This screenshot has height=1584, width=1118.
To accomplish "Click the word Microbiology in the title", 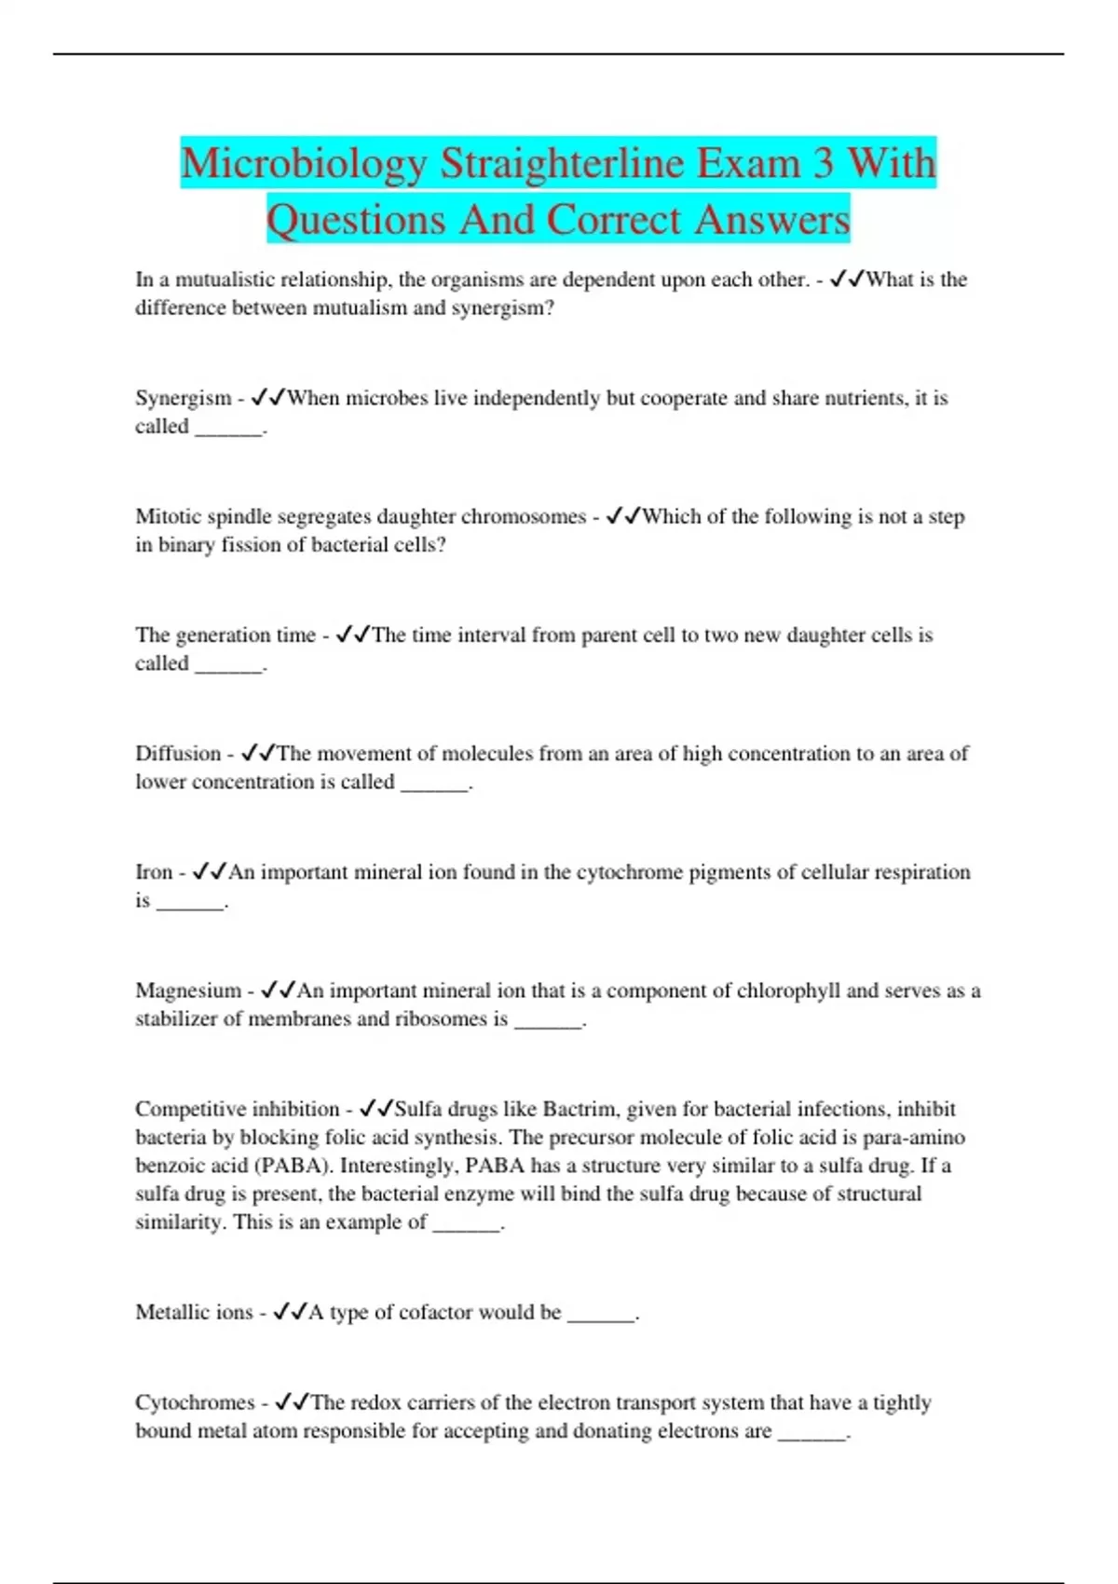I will (303, 164).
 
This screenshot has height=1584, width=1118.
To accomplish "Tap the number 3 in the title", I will (823, 164).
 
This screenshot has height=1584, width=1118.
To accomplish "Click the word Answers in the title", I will (771, 221).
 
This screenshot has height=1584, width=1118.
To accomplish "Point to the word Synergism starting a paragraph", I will (183, 398).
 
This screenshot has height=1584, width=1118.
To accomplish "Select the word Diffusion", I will (178, 753).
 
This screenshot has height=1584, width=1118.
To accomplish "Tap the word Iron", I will (154, 872).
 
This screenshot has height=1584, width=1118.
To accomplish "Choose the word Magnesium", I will (188, 990).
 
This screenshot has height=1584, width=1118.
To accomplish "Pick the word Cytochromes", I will (194, 1402).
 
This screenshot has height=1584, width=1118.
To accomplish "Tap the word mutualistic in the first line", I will (225, 280).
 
